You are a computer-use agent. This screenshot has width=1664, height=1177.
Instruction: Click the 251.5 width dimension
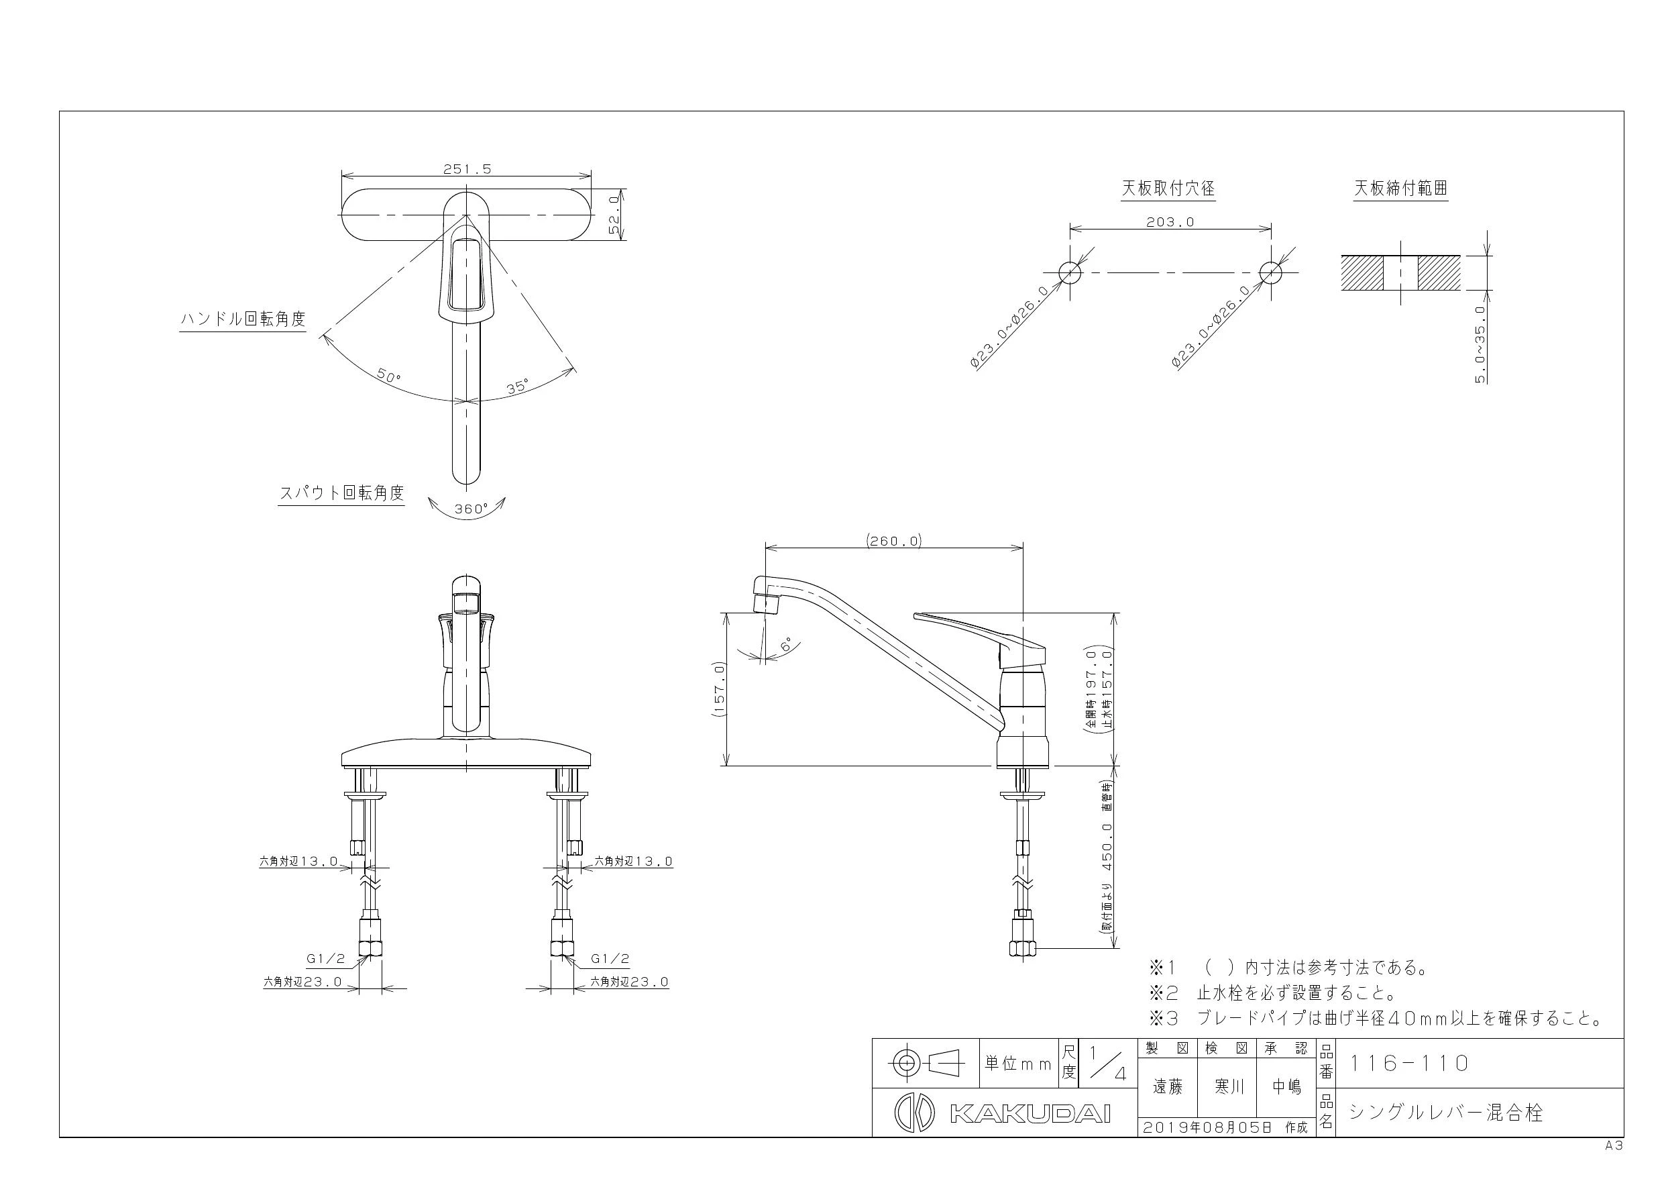pyautogui.click(x=467, y=169)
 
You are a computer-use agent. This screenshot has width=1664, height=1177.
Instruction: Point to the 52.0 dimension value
pyautogui.click(x=614, y=215)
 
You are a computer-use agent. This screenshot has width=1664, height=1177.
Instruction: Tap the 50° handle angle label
pyautogui.click(x=389, y=376)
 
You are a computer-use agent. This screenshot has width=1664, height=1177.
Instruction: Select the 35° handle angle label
pyautogui.click(x=518, y=387)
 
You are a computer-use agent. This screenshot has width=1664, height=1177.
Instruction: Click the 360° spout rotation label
pyautogui.click(x=471, y=509)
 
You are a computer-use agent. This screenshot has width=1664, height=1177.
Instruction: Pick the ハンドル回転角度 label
pyautogui.click(x=243, y=319)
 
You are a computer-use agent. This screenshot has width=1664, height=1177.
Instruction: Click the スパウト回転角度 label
pyautogui.click(x=341, y=493)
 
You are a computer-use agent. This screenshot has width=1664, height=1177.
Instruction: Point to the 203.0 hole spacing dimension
pyautogui.click(x=1170, y=222)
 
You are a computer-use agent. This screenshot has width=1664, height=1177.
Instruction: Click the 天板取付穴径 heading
pyautogui.click(x=1168, y=189)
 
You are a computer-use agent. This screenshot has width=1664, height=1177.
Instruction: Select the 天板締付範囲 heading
pyautogui.click(x=1401, y=189)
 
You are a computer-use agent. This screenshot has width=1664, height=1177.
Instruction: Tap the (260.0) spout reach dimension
pyautogui.click(x=893, y=540)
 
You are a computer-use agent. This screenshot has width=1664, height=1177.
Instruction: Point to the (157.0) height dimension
pyautogui.click(x=719, y=690)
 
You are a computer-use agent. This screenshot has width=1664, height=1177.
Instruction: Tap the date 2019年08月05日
pyautogui.click(x=1208, y=1128)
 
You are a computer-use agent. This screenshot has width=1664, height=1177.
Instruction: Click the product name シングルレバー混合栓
pyautogui.click(x=1445, y=1113)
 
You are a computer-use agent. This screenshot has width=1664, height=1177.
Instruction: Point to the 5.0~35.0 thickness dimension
pyautogui.click(x=1480, y=344)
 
